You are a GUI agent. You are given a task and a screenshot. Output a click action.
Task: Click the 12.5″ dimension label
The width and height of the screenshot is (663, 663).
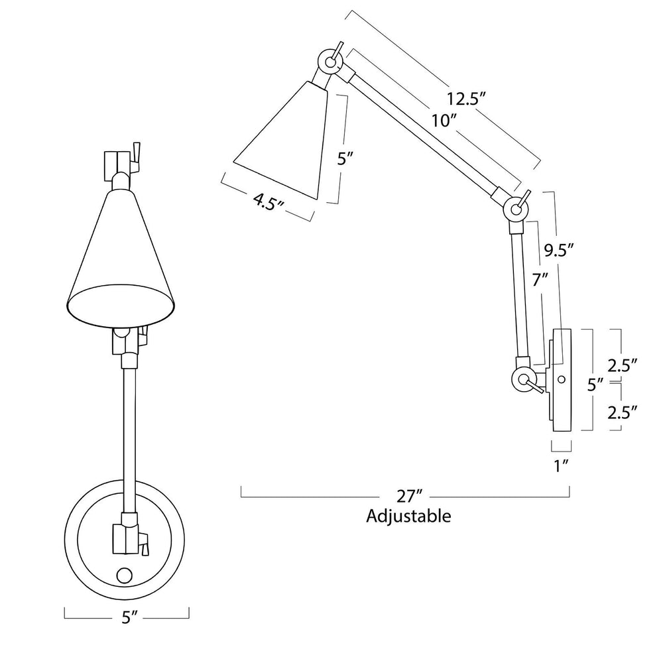465,99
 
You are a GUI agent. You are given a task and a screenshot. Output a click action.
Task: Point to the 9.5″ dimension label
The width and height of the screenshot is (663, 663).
558,251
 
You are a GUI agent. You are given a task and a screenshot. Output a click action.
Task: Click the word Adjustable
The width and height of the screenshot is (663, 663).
408,516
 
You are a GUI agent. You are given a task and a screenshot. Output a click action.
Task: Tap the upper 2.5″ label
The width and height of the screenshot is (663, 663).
622,365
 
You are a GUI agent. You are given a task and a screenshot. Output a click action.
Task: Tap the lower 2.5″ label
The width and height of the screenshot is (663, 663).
622,412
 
